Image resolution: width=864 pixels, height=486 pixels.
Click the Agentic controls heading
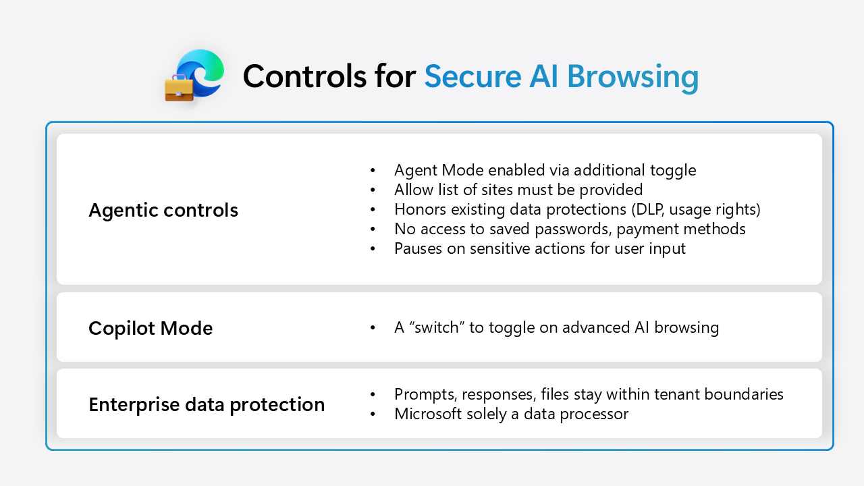[163, 210]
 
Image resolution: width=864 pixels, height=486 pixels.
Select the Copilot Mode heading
[151, 328]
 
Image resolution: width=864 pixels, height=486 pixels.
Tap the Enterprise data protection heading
[207, 404]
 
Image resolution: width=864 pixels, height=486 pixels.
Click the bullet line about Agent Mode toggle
[545, 170]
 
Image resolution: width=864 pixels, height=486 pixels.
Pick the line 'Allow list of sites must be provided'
[518, 190]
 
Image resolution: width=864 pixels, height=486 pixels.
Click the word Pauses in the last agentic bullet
[417, 248]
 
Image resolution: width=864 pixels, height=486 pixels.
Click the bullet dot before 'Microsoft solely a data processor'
[373, 414]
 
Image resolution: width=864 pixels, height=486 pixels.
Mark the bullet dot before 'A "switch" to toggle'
[373, 328]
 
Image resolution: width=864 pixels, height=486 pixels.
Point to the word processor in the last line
[595, 413]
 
